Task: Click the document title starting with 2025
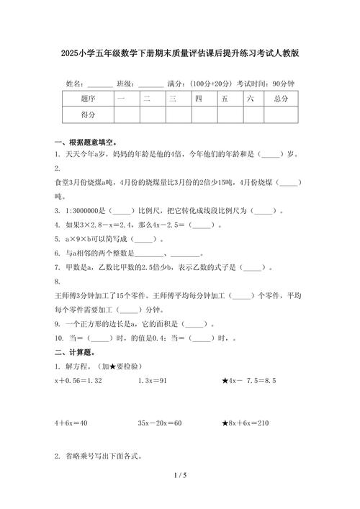click(x=180, y=53)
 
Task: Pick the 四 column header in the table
click(x=198, y=97)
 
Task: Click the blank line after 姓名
click(x=99, y=84)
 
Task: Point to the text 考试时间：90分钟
click(x=265, y=84)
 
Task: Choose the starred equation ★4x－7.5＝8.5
click(x=249, y=380)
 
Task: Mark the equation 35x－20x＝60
click(x=160, y=423)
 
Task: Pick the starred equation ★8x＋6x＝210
click(x=246, y=423)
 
